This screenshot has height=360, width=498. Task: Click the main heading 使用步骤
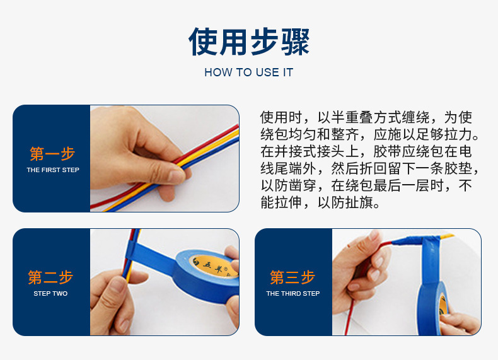[x=249, y=42]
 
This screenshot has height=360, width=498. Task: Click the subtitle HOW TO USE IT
[x=248, y=73]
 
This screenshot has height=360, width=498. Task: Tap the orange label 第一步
[x=52, y=154]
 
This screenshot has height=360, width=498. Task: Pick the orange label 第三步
[x=292, y=277]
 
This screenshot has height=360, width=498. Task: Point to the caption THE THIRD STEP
[x=292, y=294]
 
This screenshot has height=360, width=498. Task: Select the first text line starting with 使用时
[x=366, y=118]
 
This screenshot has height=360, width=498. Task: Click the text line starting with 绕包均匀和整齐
[x=369, y=135]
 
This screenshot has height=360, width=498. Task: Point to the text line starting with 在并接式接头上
[x=366, y=152]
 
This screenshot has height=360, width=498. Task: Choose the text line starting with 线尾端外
[x=369, y=169]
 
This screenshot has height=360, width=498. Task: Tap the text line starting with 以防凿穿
[x=366, y=186]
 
